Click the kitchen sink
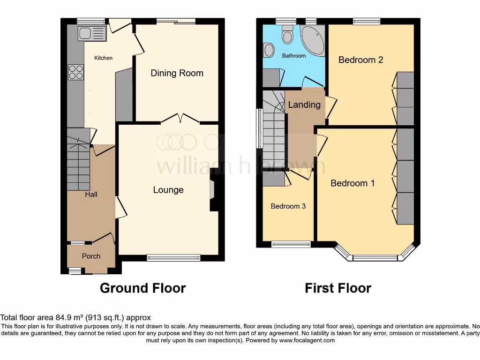pos(91,33)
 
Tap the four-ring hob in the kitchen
pos(76,72)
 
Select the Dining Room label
pos(177,73)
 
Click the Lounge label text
pos(168,190)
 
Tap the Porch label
pos(91,256)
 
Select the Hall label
pos(91,194)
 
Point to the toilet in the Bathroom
pos(286,35)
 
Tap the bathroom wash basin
pos(269,49)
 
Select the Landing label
pos(304,105)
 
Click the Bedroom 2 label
pos(361,60)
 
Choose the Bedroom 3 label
pos(288,206)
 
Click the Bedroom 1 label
pos(352,183)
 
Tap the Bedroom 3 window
pos(291,244)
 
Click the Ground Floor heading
pos(142,288)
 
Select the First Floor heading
pos(337,288)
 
